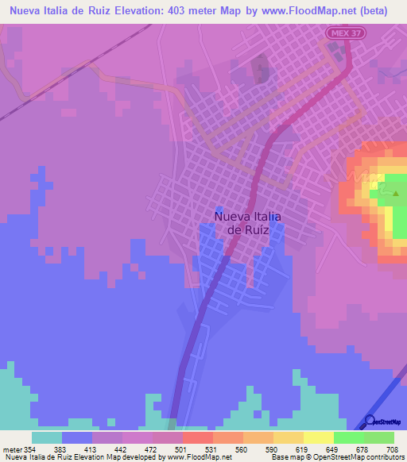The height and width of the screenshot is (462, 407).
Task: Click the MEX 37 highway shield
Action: [339, 31]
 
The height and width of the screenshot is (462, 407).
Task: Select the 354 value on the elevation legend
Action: [30, 450]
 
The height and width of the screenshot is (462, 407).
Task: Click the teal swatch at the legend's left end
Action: [46, 437]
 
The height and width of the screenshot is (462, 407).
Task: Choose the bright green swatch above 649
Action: [348, 437]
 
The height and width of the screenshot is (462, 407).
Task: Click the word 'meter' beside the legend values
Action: [11, 450]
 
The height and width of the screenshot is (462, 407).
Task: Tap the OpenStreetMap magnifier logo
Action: [370, 421]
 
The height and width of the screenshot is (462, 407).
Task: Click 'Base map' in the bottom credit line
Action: [283, 457]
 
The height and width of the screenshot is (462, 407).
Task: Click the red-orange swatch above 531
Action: [197, 437]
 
